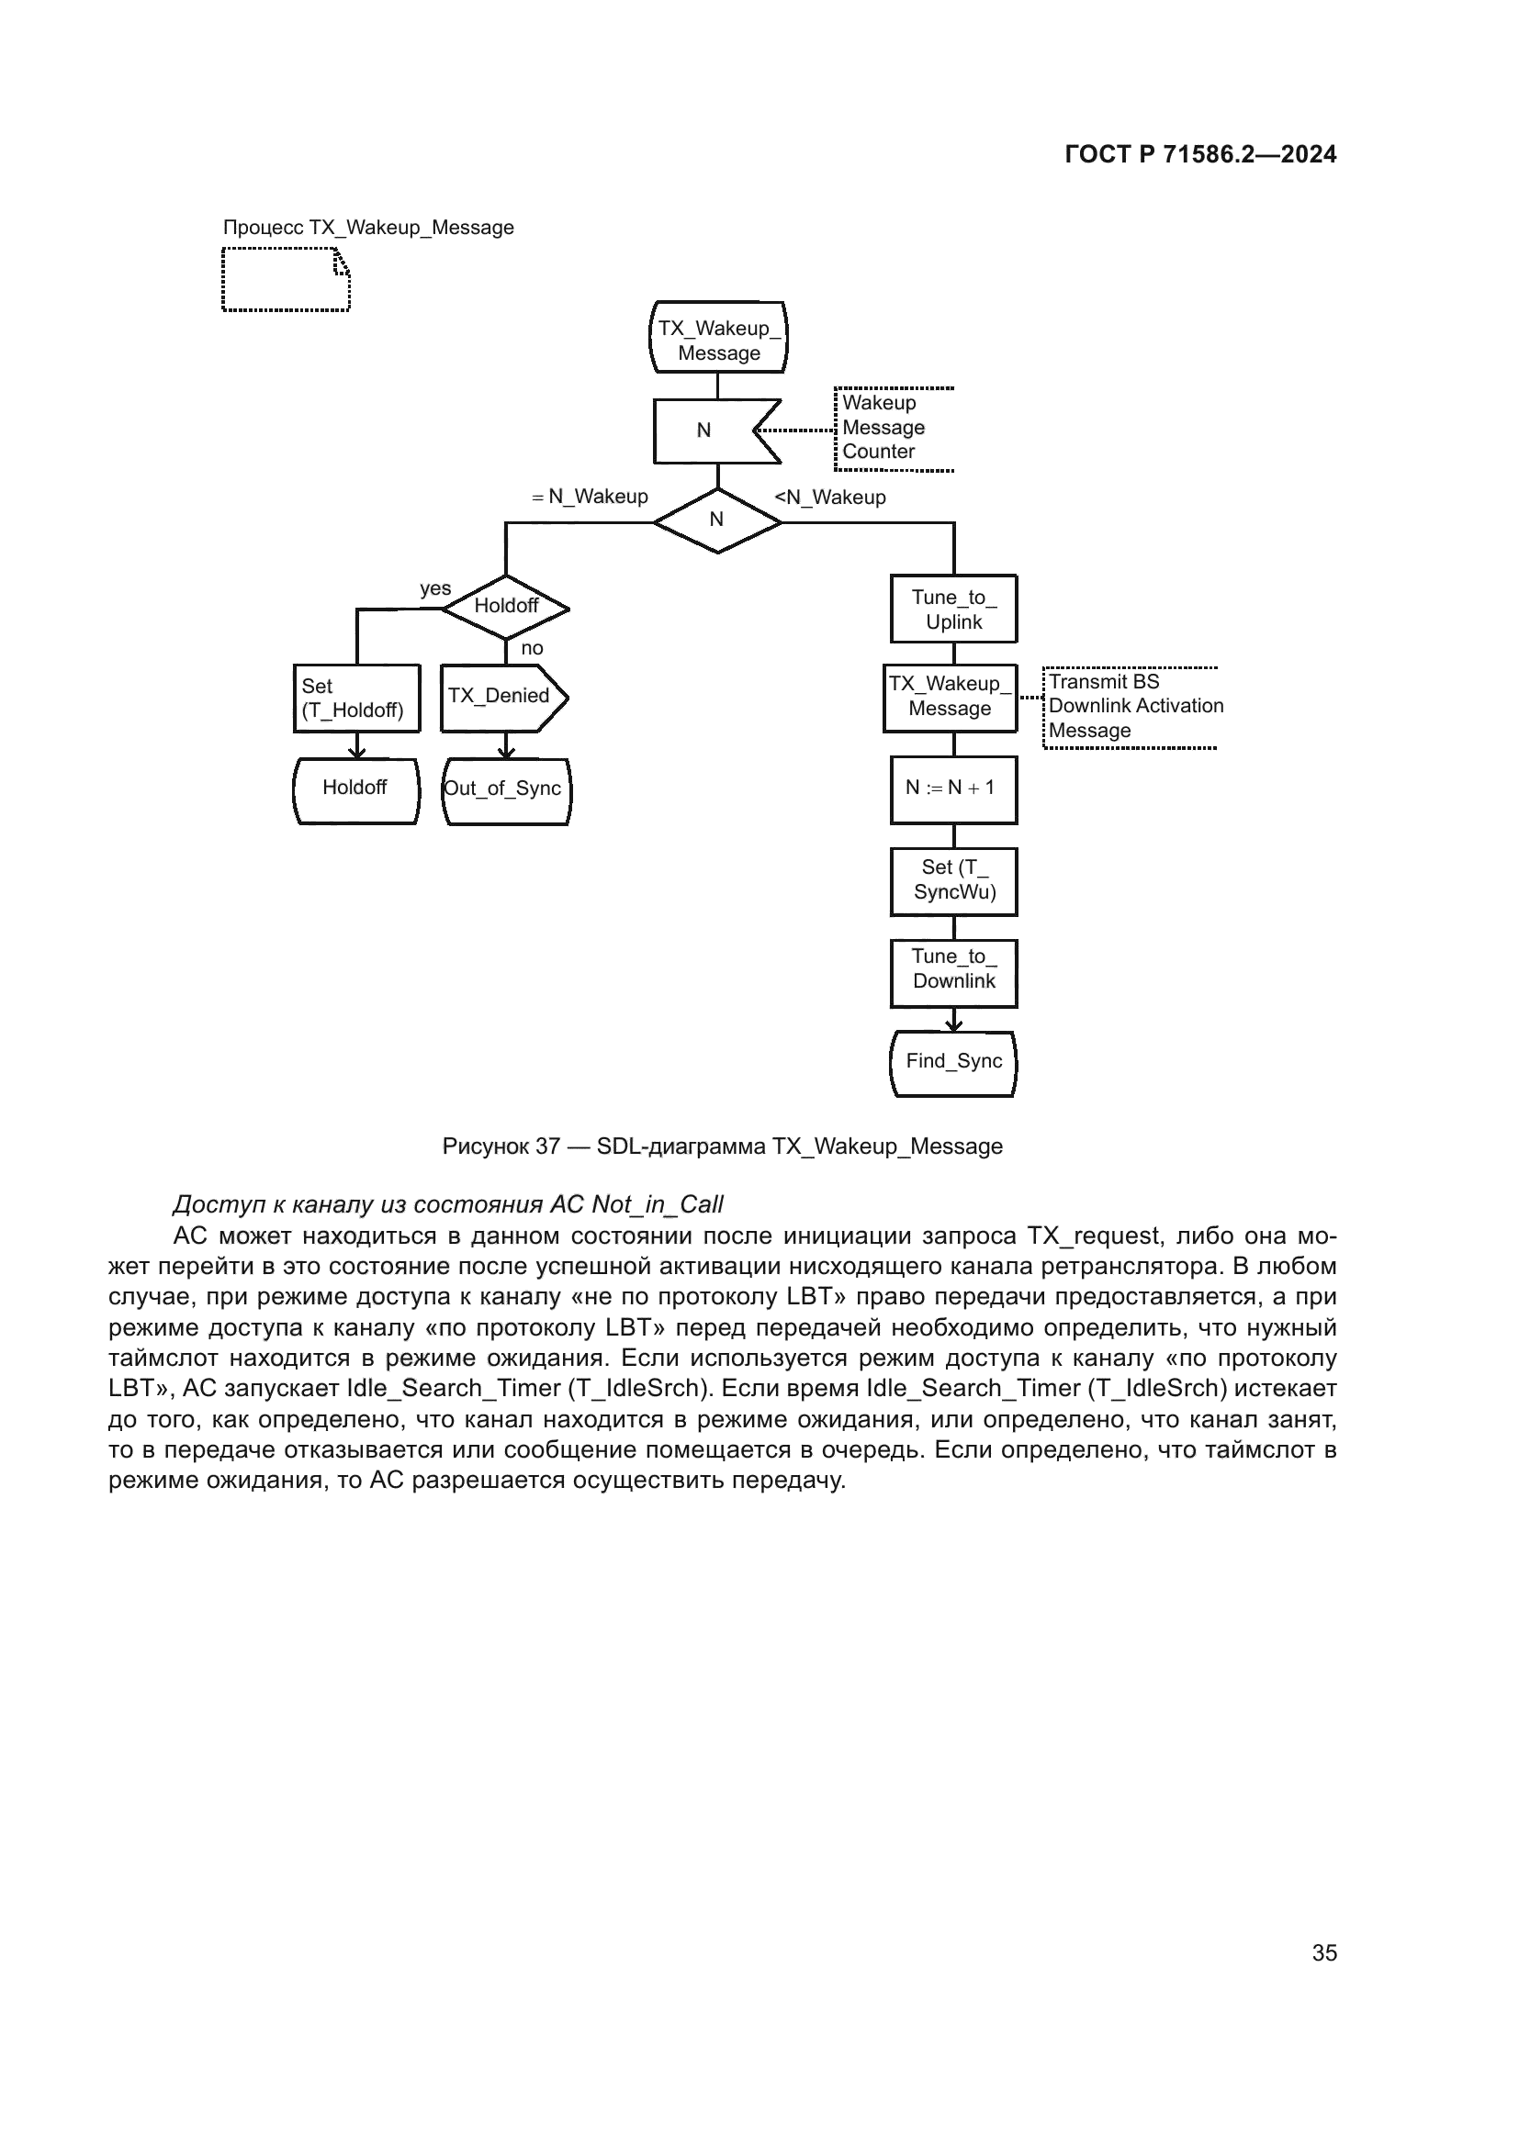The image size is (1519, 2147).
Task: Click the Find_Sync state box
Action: coord(953,1062)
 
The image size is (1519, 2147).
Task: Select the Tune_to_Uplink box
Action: coord(953,609)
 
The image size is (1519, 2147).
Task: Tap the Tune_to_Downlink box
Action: coord(953,972)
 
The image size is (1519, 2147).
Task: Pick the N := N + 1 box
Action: coord(953,789)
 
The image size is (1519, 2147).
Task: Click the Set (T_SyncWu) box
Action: coord(953,881)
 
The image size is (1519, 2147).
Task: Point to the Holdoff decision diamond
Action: coord(506,607)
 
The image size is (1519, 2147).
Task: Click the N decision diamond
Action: coord(717,520)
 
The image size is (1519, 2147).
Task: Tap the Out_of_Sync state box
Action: coord(505,790)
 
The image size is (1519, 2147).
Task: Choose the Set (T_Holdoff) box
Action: coord(356,698)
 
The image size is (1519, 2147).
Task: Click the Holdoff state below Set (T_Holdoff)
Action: coord(355,789)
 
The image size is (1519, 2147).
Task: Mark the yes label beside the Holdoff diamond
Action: coord(435,588)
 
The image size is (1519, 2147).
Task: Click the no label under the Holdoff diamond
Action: coord(531,648)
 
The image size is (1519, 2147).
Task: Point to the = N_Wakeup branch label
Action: coord(590,497)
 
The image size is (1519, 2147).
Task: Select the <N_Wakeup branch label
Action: coord(830,498)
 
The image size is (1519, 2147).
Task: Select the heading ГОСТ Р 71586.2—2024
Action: coord(1200,155)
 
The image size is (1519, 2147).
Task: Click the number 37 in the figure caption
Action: coord(547,1146)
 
